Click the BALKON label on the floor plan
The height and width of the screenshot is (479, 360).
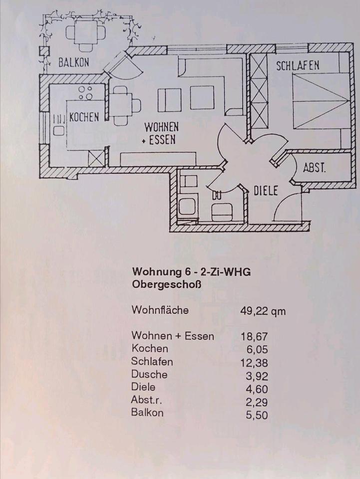74,63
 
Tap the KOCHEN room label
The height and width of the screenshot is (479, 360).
84,117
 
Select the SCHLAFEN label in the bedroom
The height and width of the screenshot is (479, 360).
298,65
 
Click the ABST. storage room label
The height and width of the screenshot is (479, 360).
314,168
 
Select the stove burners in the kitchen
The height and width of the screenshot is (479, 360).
85,93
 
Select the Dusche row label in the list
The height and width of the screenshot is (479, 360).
149,374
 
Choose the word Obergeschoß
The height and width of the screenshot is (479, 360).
165,285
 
